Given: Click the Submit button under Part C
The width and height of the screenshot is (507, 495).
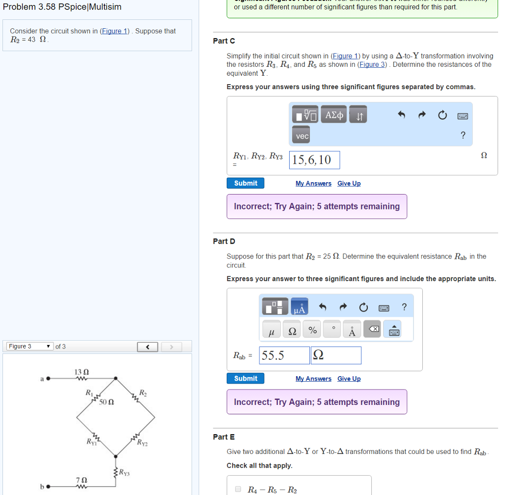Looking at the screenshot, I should coord(246,183).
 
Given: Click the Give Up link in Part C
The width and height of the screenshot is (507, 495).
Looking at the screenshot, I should coord(349,184).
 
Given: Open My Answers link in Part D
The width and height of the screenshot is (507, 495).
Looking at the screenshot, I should coord(313,379).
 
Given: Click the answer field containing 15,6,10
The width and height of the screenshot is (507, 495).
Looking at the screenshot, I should coord(314,160).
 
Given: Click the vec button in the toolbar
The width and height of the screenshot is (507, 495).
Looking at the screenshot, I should coord(302,136).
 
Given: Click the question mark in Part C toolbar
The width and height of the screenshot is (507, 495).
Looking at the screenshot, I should coord(463,135).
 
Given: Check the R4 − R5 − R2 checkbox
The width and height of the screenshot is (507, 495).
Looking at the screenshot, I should coord(238,489).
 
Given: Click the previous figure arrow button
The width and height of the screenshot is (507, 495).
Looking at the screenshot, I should coord(148,347).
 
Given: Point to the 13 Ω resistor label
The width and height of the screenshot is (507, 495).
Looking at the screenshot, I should coord(82,372).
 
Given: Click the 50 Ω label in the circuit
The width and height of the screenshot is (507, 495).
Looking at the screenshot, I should coord(106,402).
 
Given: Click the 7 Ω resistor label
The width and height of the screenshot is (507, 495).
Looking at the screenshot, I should coord(82,480).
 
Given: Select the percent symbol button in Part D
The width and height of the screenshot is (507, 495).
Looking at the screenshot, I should coord(312,330).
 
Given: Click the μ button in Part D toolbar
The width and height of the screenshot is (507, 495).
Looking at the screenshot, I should coord(271,331).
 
